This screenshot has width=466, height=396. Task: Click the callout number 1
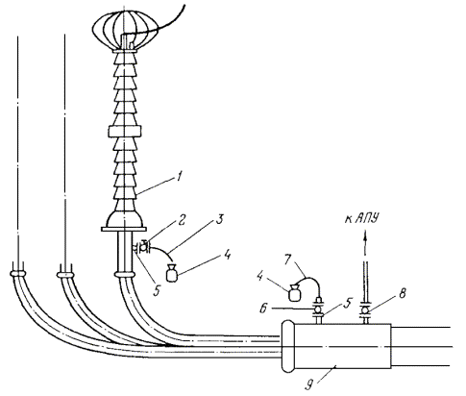click(x=180, y=177)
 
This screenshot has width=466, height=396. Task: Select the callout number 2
click(x=182, y=221)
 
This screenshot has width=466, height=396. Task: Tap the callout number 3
click(x=219, y=221)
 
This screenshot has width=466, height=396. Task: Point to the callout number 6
click(x=263, y=309)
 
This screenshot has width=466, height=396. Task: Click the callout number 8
click(x=402, y=293)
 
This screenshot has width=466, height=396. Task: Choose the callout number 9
click(x=308, y=384)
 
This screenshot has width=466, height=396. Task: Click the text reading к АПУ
click(x=362, y=219)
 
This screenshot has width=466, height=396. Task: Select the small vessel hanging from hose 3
click(x=173, y=274)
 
